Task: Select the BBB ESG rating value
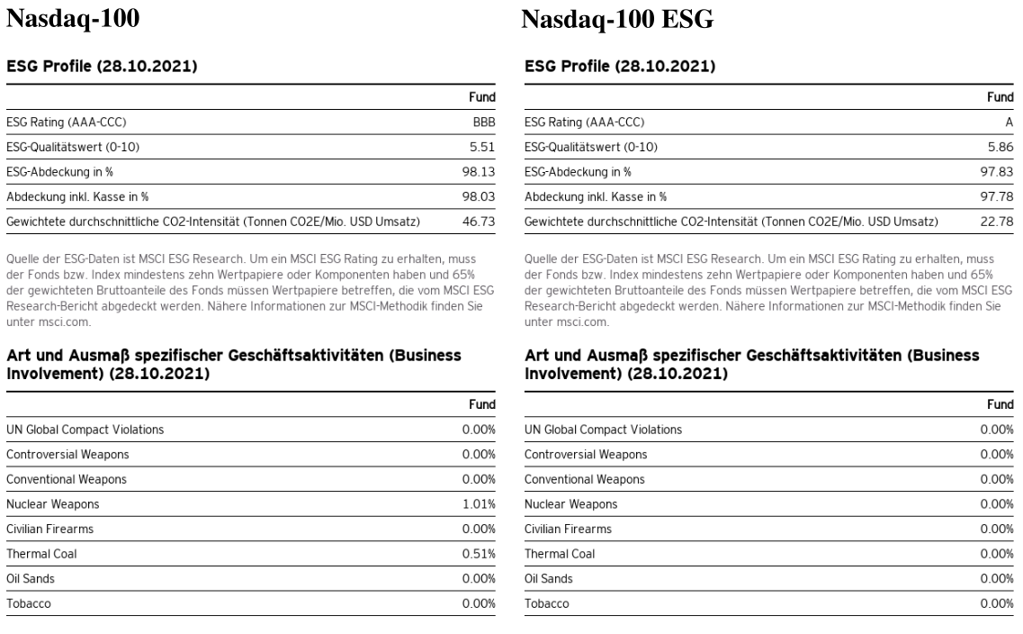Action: point(484,122)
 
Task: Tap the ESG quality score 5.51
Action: point(482,146)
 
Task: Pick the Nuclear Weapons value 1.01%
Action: point(480,503)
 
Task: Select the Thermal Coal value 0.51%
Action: point(480,554)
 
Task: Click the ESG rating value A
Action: point(1009,122)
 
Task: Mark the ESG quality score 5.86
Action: point(1000,146)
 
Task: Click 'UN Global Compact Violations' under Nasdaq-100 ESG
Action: point(603,429)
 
